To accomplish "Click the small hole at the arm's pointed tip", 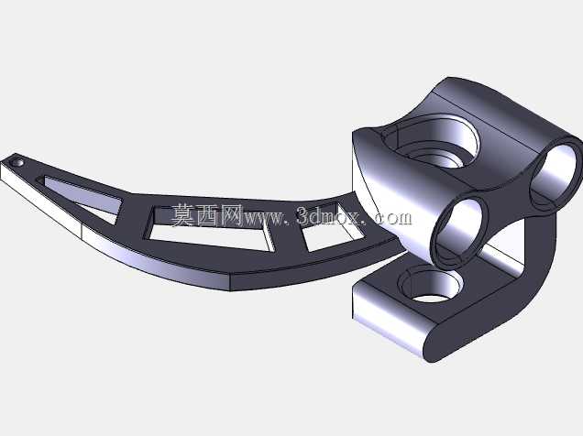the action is (17, 163).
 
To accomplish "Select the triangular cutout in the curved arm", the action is (82, 197).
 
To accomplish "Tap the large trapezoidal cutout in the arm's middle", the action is (209, 227).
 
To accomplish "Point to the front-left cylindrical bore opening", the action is (458, 231).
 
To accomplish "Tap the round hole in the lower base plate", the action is (431, 286).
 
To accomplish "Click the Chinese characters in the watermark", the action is (207, 215).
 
